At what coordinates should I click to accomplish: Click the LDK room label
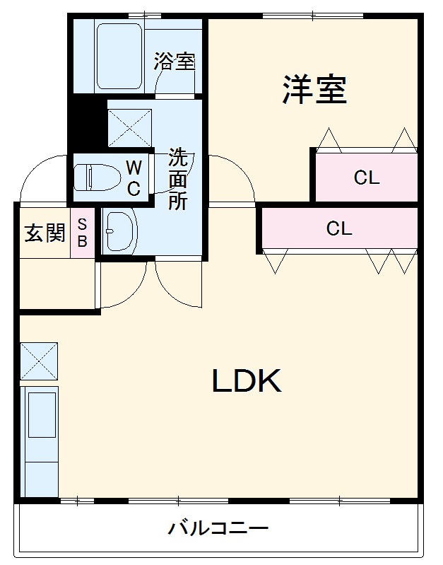tap(247, 382)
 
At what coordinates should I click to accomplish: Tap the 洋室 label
tap(315, 90)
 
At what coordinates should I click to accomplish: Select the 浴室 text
tap(174, 62)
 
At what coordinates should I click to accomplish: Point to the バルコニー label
tap(218, 528)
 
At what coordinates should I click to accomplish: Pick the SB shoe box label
tap(82, 233)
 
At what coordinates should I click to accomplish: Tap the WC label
tap(133, 178)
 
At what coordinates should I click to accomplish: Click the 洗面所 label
tap(177, 179)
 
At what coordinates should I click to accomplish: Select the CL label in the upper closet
tap(367, 178)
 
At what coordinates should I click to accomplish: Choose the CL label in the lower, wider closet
tap(339, 228)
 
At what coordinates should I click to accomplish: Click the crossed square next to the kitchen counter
tap(39, 361)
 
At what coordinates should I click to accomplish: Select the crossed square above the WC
tap(129, 128)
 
